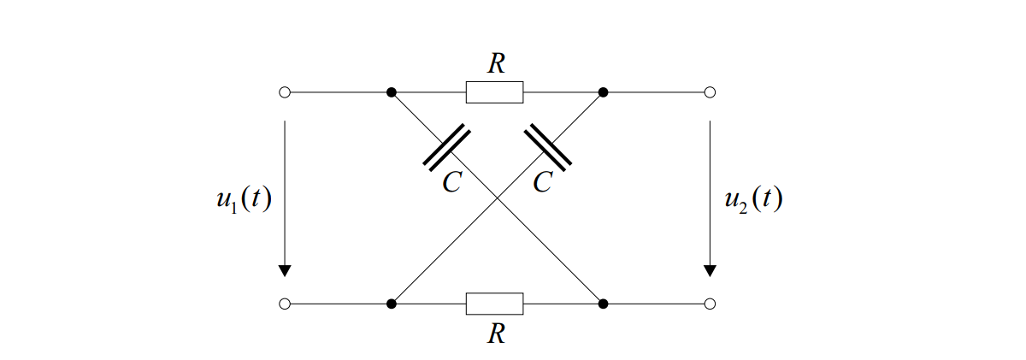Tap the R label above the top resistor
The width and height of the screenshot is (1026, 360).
(496, 63)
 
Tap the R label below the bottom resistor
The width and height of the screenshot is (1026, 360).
(496, 333)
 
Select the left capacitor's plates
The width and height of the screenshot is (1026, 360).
(446, 147)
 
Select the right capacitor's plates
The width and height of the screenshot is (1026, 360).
(548, 147)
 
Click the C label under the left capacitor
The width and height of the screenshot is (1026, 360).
(452, 182)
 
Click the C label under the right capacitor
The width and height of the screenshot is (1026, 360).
(543, 182)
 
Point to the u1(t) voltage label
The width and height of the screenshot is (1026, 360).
(245, 199)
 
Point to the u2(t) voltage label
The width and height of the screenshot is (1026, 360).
(753, 199)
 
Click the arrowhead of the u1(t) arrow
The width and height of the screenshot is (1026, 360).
(285, 271)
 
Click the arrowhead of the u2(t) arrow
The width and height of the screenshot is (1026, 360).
(710, 271)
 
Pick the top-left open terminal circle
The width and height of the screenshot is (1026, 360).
(285, 92)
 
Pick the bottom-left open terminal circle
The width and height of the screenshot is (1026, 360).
(285, 304)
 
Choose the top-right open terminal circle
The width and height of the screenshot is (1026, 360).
(710, 92)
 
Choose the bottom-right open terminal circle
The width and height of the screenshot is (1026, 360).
(710, 304)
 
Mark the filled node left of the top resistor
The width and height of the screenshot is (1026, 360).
(392, 92)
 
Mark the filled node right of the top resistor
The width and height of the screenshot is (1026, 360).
(604, 92)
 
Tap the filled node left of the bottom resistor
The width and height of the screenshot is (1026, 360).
(392, 304)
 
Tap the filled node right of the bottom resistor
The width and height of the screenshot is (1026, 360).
(604, 304)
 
